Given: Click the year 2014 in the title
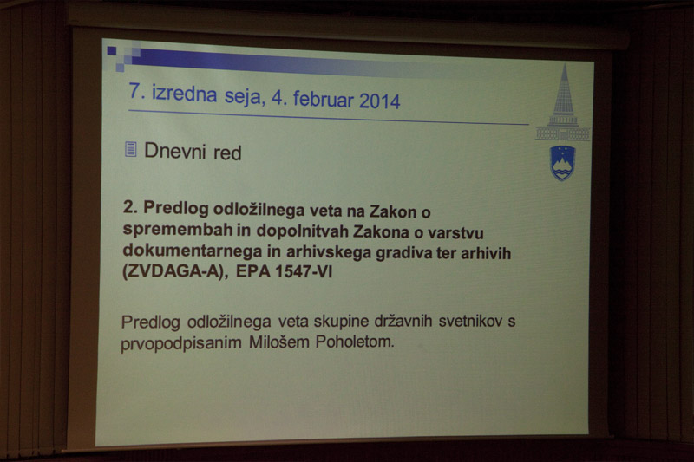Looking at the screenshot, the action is pos(379,101).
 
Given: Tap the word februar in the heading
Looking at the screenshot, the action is pos(323,99).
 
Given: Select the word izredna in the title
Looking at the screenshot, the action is pos(184,94).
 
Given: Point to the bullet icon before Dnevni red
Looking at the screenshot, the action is pos(131,149).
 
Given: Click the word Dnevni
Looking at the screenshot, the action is pos(175,151).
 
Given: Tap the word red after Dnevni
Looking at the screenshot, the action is pos(227,153).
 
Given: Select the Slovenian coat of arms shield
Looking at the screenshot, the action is pos(562,163).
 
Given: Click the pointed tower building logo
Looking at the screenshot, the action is pos(562,103).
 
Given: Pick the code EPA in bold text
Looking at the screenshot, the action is pos(252,270).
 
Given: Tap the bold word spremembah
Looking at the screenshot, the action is pos(178,230).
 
